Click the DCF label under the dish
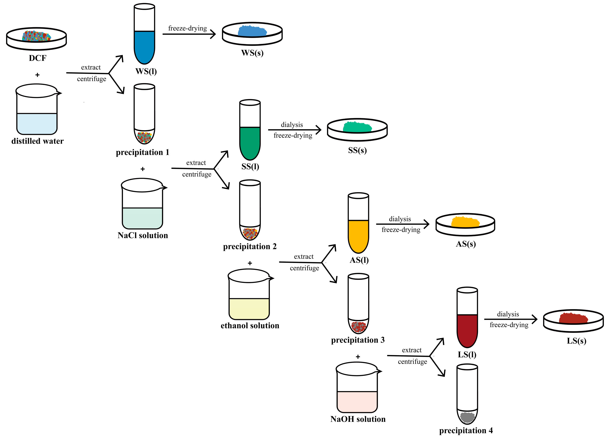[x=38, y=58]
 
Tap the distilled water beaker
[x=37, y=112]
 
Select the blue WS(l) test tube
[x=144, y=43]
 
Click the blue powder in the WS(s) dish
[x=252, y=31]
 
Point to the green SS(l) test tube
[x=250, y=139]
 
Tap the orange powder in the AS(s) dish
[x=465, y=222]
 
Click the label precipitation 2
[x=250, y=246]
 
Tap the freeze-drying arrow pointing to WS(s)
[x=189, y=34]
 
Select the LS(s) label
[x=577, y=341]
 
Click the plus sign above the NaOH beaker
[x=358, y=357]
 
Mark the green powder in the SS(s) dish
[x=357, y=127]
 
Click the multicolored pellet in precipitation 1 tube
[x=144, y=137]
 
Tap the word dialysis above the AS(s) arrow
[x=400, y=219]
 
